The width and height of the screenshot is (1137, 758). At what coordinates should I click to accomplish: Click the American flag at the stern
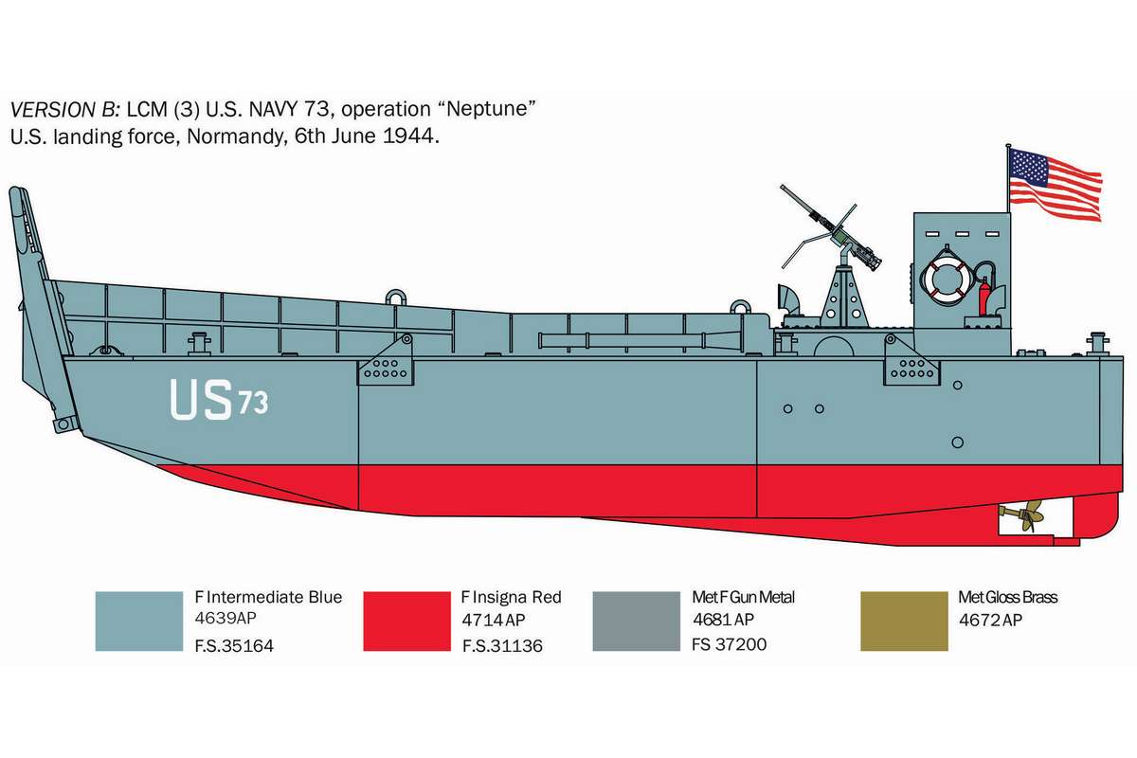coord(1055,185)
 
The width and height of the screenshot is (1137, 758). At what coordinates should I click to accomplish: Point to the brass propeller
coord(1024,516)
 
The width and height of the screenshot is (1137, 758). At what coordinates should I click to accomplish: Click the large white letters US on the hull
coord(201,400)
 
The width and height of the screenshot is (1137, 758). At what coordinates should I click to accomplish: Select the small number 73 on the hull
coord(253,403)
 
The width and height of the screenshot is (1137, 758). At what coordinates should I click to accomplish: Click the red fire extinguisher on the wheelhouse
coord(984,297)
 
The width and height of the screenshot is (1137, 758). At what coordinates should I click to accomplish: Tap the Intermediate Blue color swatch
coord(139,621)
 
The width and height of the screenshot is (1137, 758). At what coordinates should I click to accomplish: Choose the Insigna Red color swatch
coord(407,621)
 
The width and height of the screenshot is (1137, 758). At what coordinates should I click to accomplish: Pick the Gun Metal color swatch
coord(637,621)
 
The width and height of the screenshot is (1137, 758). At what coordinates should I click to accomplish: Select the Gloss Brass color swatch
coord(904,621)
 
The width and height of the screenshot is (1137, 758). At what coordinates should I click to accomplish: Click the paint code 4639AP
coord(226,618)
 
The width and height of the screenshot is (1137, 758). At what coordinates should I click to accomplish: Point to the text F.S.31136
coord(502,646)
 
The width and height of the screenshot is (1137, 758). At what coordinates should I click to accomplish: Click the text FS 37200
coord(729,644)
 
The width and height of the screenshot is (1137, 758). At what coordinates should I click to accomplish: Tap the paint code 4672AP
coord(990,620)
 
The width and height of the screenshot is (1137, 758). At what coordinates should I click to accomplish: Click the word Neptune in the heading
coord(490,109)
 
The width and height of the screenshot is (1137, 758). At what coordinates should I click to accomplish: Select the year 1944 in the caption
coord(410,136)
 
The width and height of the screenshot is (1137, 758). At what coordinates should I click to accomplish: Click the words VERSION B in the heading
coord(65,110)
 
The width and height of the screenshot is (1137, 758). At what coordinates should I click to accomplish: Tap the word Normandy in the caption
coord(235,137)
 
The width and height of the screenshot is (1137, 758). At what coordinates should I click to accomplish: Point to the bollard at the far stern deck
coord(1097,343)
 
